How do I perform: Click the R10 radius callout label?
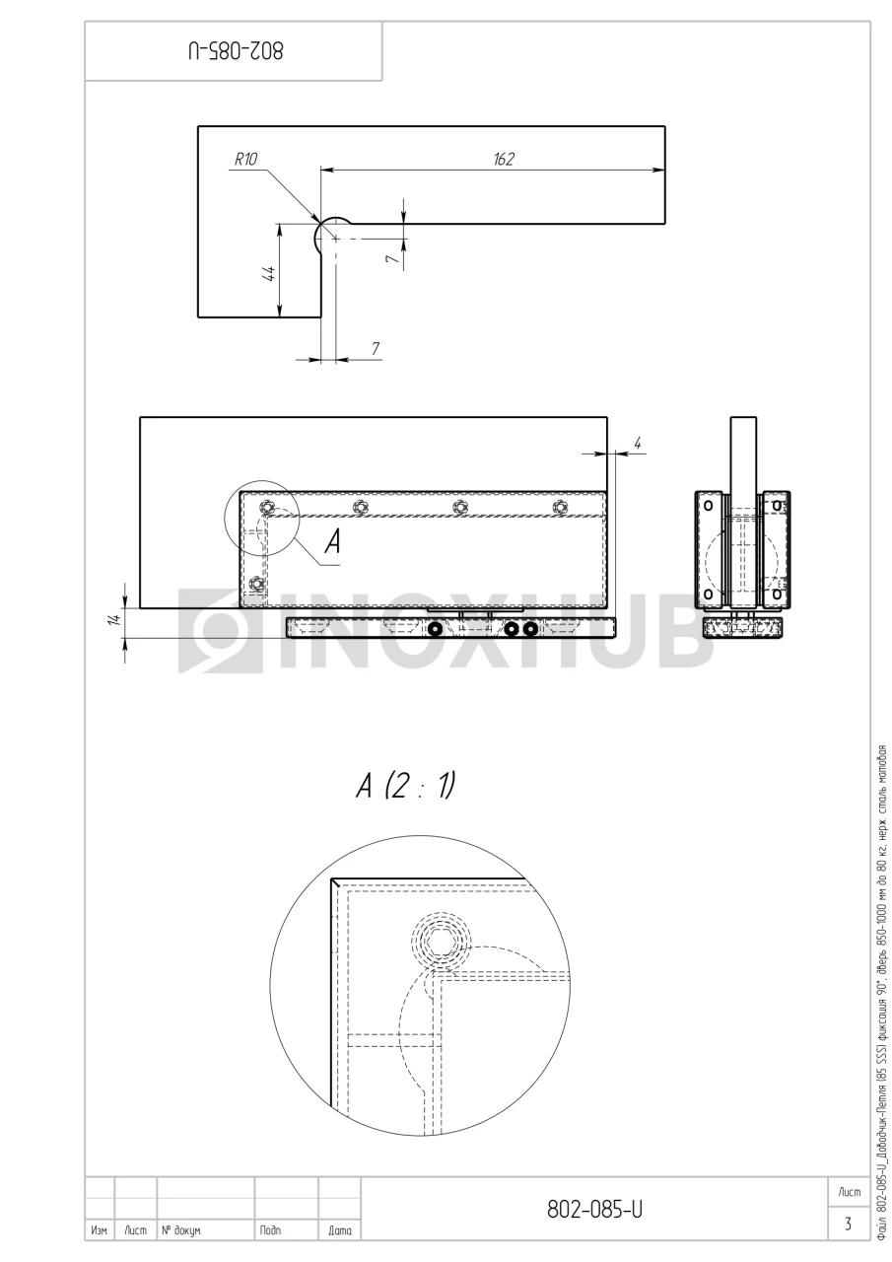[245, 160]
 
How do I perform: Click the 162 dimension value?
[504, 160]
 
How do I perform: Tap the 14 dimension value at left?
[115, 619]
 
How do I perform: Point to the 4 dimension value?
[638, 444]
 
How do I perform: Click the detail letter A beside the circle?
[333, 542]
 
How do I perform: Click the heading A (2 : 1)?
[405, 786]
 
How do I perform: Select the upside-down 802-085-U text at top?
[236, 51]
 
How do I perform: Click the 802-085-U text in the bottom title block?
[594, 1209]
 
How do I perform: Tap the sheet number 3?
[848, 1224]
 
